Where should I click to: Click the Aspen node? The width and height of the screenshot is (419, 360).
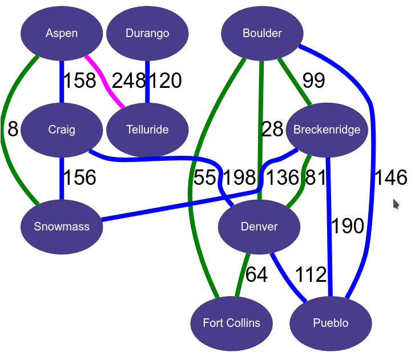(x=62, y=33)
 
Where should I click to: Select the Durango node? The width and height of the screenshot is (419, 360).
(x=147, y=33)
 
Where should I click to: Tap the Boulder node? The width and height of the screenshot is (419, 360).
(x=262, y=33)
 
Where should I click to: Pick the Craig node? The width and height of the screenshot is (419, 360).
(x=62, y=130)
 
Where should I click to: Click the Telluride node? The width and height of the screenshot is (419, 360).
(x=147, y=130)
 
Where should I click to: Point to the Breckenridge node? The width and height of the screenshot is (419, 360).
(x=327, y=130)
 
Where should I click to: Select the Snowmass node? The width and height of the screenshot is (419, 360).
(x=62, y=226)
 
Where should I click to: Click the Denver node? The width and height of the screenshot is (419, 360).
(x=259, y=226)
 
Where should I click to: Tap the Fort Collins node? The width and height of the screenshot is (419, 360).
(x=231, y=323)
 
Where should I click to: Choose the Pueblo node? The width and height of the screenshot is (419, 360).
(x=331, y=323)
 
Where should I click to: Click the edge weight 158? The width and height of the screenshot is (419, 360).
(x=79, y=81)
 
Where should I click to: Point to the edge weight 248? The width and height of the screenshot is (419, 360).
(x=129, y=81)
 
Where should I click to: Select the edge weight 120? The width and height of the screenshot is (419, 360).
(x=165, y=81)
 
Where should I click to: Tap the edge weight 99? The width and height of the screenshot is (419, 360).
(x=313, y=81)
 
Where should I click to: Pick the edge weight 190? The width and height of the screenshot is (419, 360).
(x=348, y=226)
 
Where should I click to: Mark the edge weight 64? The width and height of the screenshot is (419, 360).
(x=256, y=275)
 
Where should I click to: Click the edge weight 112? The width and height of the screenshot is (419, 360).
(x=311, y=275)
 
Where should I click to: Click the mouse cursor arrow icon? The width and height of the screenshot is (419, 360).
(x=396, y=204)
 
